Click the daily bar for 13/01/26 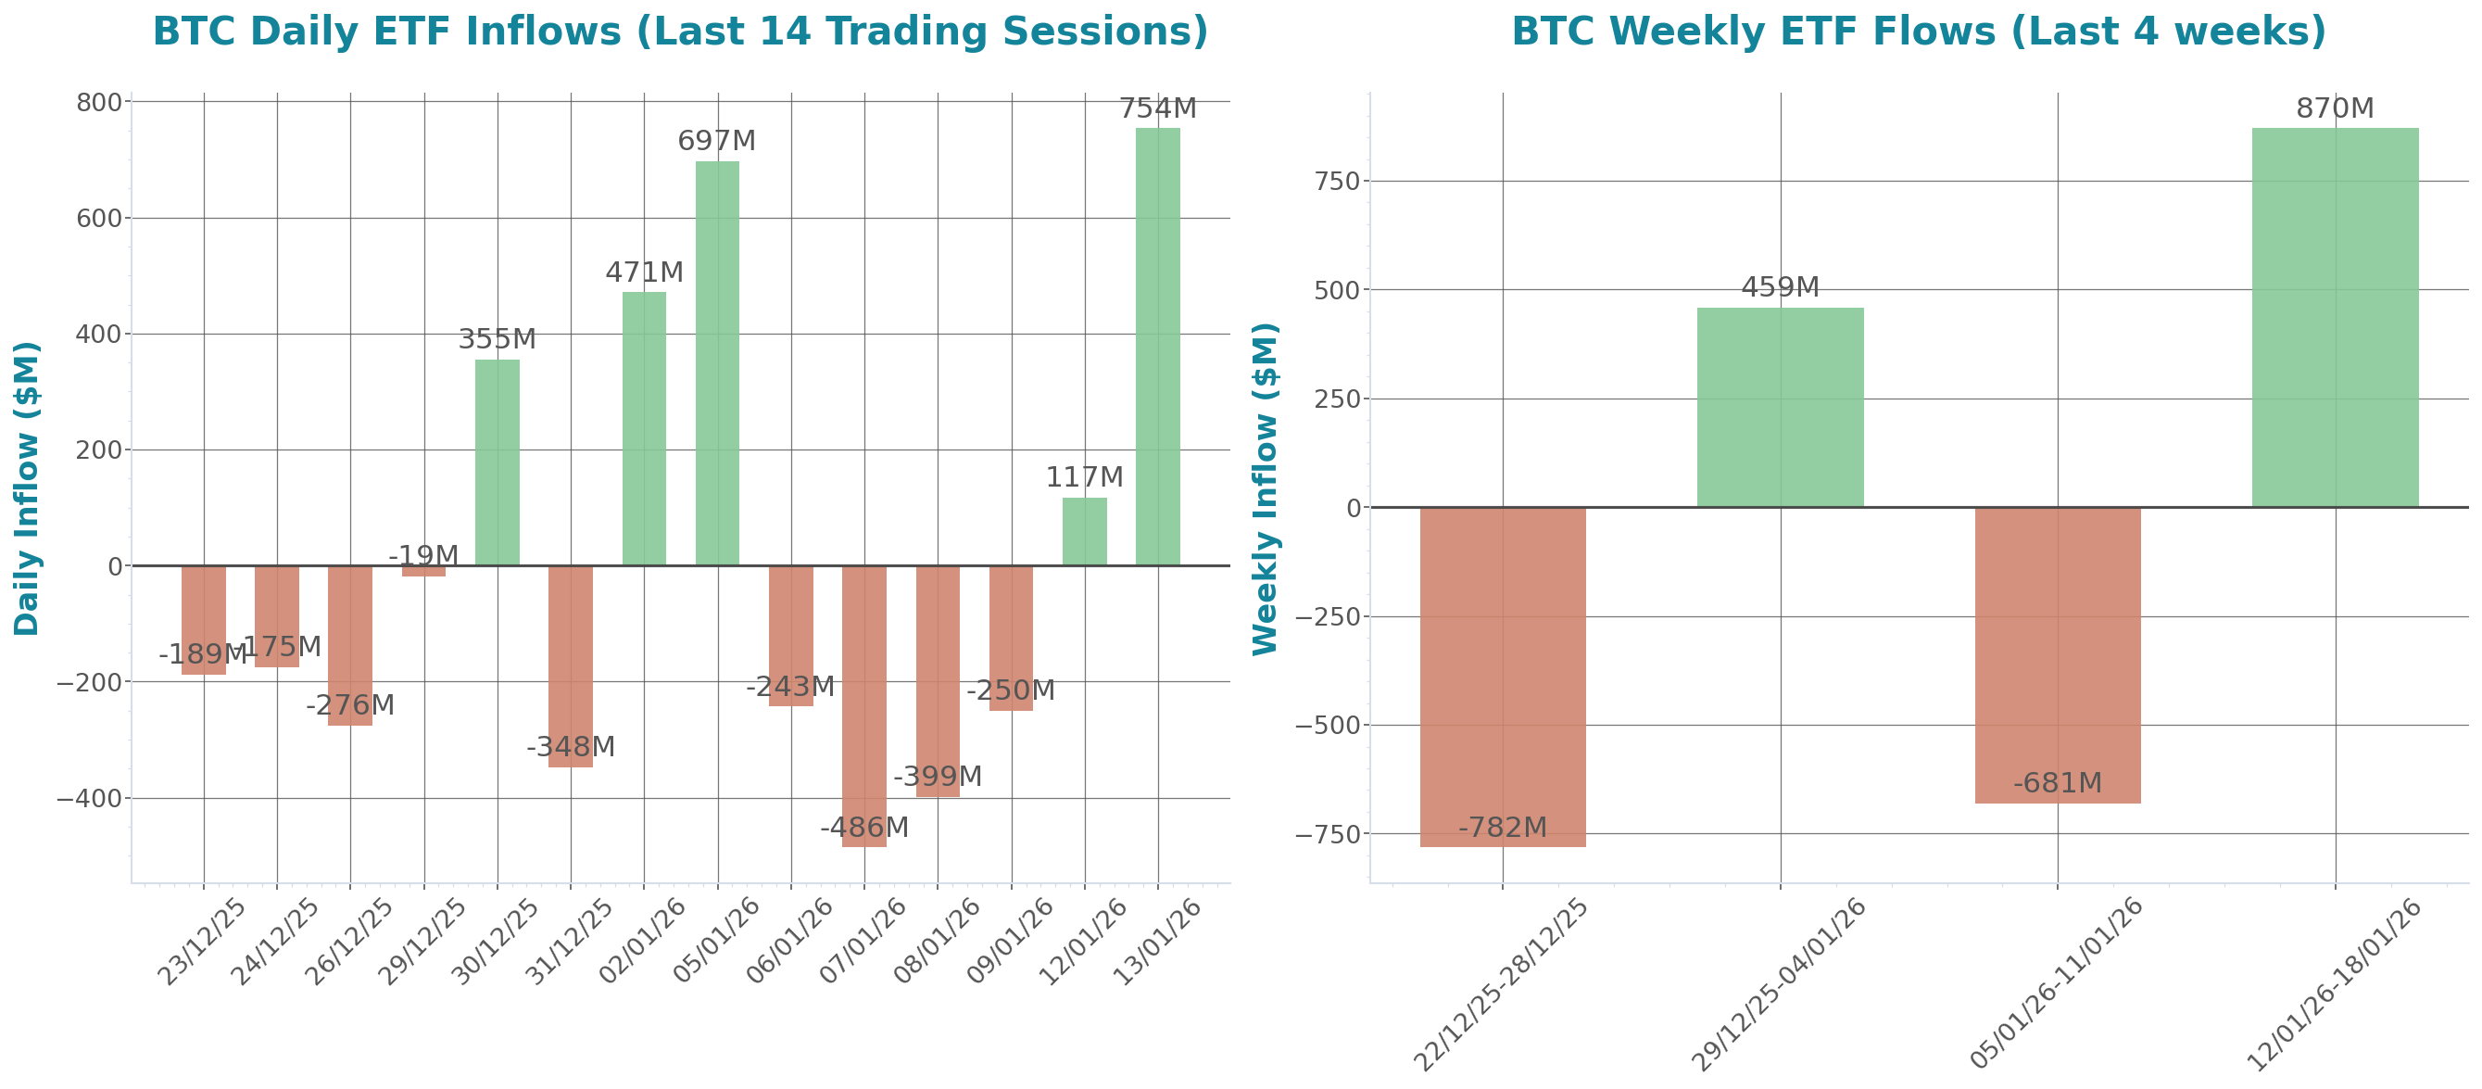click(1157, 347)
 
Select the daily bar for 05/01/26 click(717, 363)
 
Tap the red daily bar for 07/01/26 click(864, 706)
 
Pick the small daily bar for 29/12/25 click(424, 572)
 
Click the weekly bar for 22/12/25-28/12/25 click(1502, 677)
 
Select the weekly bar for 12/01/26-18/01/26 click(2335, 318)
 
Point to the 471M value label click(644, 272)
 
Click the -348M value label click(571, 747)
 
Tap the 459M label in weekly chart click(1780, 287)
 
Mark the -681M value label click(2057, 782)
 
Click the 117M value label click(1084, 477)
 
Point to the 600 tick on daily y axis click(99, 219)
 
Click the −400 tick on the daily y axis click(90, 799)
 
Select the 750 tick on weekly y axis click(1339, 181)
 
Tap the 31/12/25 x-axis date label click(569, 942)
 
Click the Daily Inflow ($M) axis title click(27, 488)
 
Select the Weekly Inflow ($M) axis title click(1264, 488)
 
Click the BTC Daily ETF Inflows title click(680, 32)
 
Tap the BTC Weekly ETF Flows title click(1919, 32)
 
